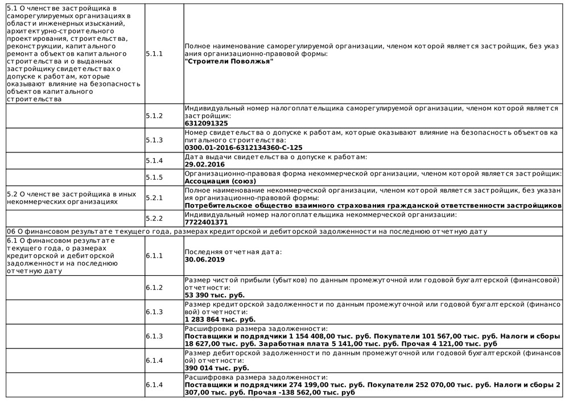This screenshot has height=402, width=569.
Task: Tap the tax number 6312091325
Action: click(x=207, y=123)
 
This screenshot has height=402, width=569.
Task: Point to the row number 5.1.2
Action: click(x=154, y=115)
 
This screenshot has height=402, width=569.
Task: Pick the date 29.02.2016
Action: click(x=205, y=164)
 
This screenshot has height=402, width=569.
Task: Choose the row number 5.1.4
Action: click(x=154, y=160)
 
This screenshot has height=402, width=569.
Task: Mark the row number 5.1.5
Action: click(x=154, y=177)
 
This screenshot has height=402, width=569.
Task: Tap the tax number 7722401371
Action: click(x=207, y=222)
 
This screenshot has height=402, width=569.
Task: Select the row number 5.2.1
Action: click(x=154, y=197)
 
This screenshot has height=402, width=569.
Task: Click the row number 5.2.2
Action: click(x=154, y=218)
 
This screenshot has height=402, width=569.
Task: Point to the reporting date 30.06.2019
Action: click(x=205, y=259)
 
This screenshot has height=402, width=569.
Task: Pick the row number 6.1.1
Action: click(x=154, y=255)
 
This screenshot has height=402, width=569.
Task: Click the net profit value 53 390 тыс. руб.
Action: click(x=215, y=296)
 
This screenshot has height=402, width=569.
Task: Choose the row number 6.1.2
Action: click(x=154, y=288)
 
